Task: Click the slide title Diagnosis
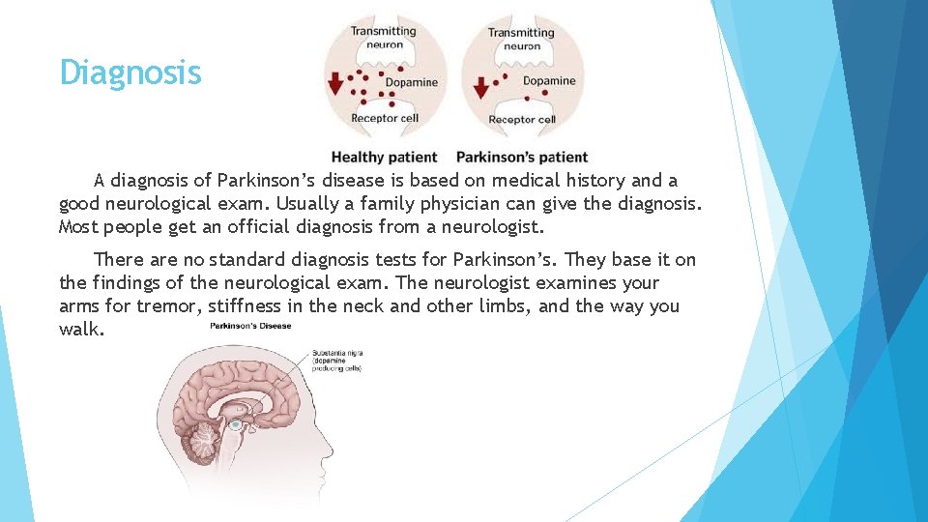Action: [x=130, y=72]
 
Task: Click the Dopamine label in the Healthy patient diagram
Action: [x=411, y=82]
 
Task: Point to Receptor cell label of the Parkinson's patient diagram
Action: [x=522, y=120]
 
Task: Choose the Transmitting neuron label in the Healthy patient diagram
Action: [x=383, y=37]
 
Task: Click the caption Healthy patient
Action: [x=384, y=157]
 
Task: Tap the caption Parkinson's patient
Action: [x=522, y=157]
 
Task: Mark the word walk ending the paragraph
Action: [x=79, y=330]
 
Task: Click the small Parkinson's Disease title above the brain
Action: [x=250, y=326]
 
